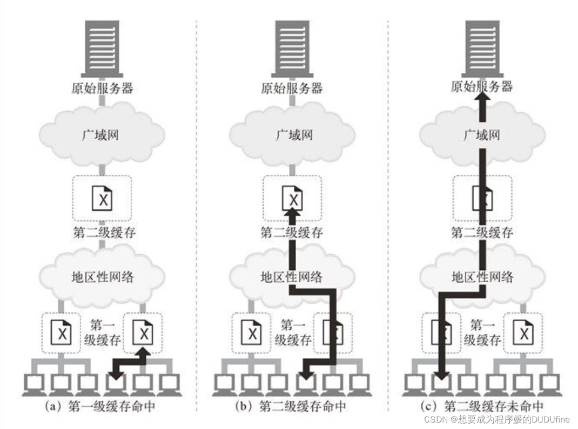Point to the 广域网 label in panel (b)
pyautogui.click(x=292, y=134)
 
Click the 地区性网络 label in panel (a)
pyautogui.click(x=102, y=277)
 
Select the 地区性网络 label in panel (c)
pyautogui.click(x=482, y=277)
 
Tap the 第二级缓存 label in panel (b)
pyautogui.click(x=292, y=233)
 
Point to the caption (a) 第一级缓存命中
pyautogui.click(x=102, y=406)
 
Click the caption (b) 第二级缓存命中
pyautogui.click(x=292, y=406)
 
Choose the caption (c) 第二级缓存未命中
pyautogui.click(x=482, y=406)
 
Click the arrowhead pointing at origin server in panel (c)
pyautogui.click(x=482, y=102)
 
